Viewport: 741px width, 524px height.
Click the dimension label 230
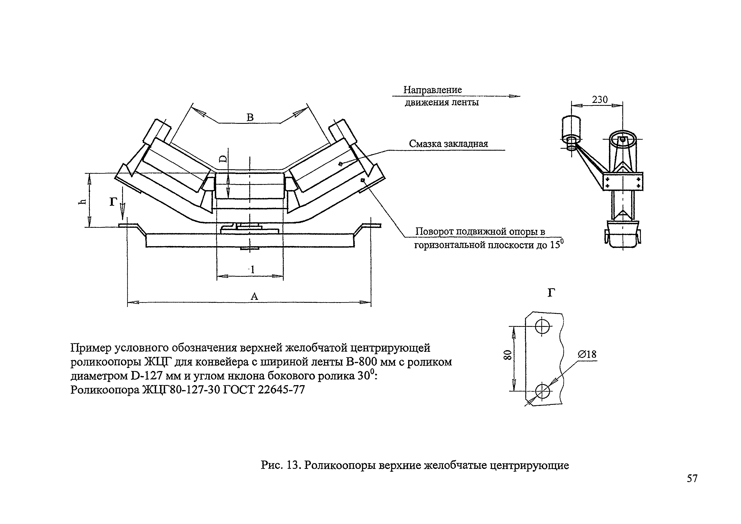(600, 100)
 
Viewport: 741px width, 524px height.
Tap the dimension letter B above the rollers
(250, 117)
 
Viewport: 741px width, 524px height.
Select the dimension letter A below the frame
(254, 296)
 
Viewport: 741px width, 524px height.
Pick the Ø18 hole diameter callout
(587, 355)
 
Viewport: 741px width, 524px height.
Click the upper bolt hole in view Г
(542, 326)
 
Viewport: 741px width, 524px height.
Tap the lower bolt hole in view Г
(542, 391)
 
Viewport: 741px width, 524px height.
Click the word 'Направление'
(432, 90)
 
